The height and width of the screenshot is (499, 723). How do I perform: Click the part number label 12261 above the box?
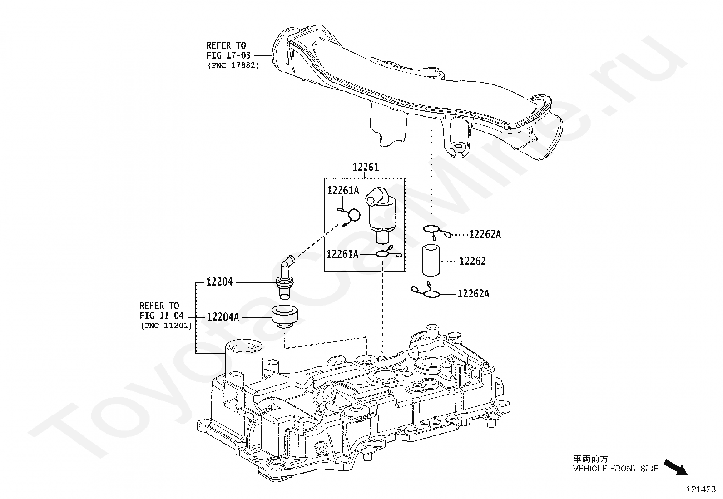coord(366,167)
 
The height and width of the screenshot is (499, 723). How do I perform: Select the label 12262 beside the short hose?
coord(472,261)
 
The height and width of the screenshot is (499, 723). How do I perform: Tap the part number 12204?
coord(219,282)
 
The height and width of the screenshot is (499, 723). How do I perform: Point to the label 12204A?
coord(223,317)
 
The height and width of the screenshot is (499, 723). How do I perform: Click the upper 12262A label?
coord(485,234)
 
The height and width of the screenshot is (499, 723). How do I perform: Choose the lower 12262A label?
coord(474,294)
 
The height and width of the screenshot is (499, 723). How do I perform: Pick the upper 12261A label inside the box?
coord(343,190)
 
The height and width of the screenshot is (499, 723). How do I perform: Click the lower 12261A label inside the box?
coord(343,254)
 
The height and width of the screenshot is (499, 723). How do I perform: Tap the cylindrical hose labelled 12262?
coord(431,261)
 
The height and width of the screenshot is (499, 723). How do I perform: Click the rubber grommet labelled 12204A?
coord(284,316)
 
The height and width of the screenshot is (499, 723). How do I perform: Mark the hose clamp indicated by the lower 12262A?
coord(426,291)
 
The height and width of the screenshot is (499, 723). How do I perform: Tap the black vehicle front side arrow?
coord(676,467)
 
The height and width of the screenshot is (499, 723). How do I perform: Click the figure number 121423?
coord(701,489)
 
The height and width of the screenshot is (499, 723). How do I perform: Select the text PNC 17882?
coord(233,65)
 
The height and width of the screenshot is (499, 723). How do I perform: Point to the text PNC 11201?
coord(167,326)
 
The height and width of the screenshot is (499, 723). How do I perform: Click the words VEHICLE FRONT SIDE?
coord(615,468)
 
